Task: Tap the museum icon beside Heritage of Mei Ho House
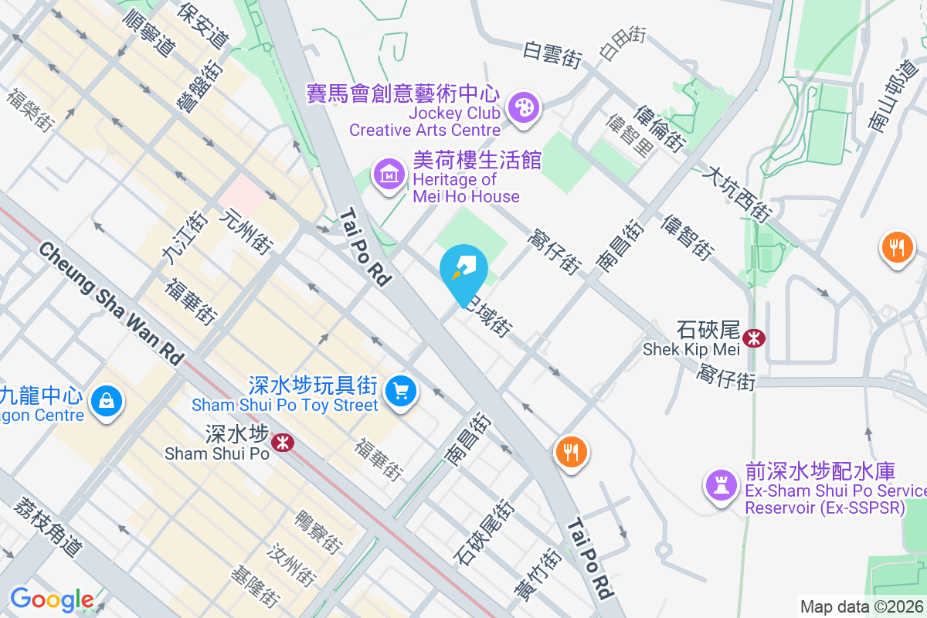point(390,175)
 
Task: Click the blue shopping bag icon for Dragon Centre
point(104,401)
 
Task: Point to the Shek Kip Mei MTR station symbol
point(753,338)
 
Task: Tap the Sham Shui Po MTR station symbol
point(282,442)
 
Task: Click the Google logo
point(52,599)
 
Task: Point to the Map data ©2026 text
point(862,606)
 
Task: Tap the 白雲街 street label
point(552,55)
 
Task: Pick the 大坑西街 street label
point(736,193)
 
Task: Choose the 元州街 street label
point(246,232)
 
